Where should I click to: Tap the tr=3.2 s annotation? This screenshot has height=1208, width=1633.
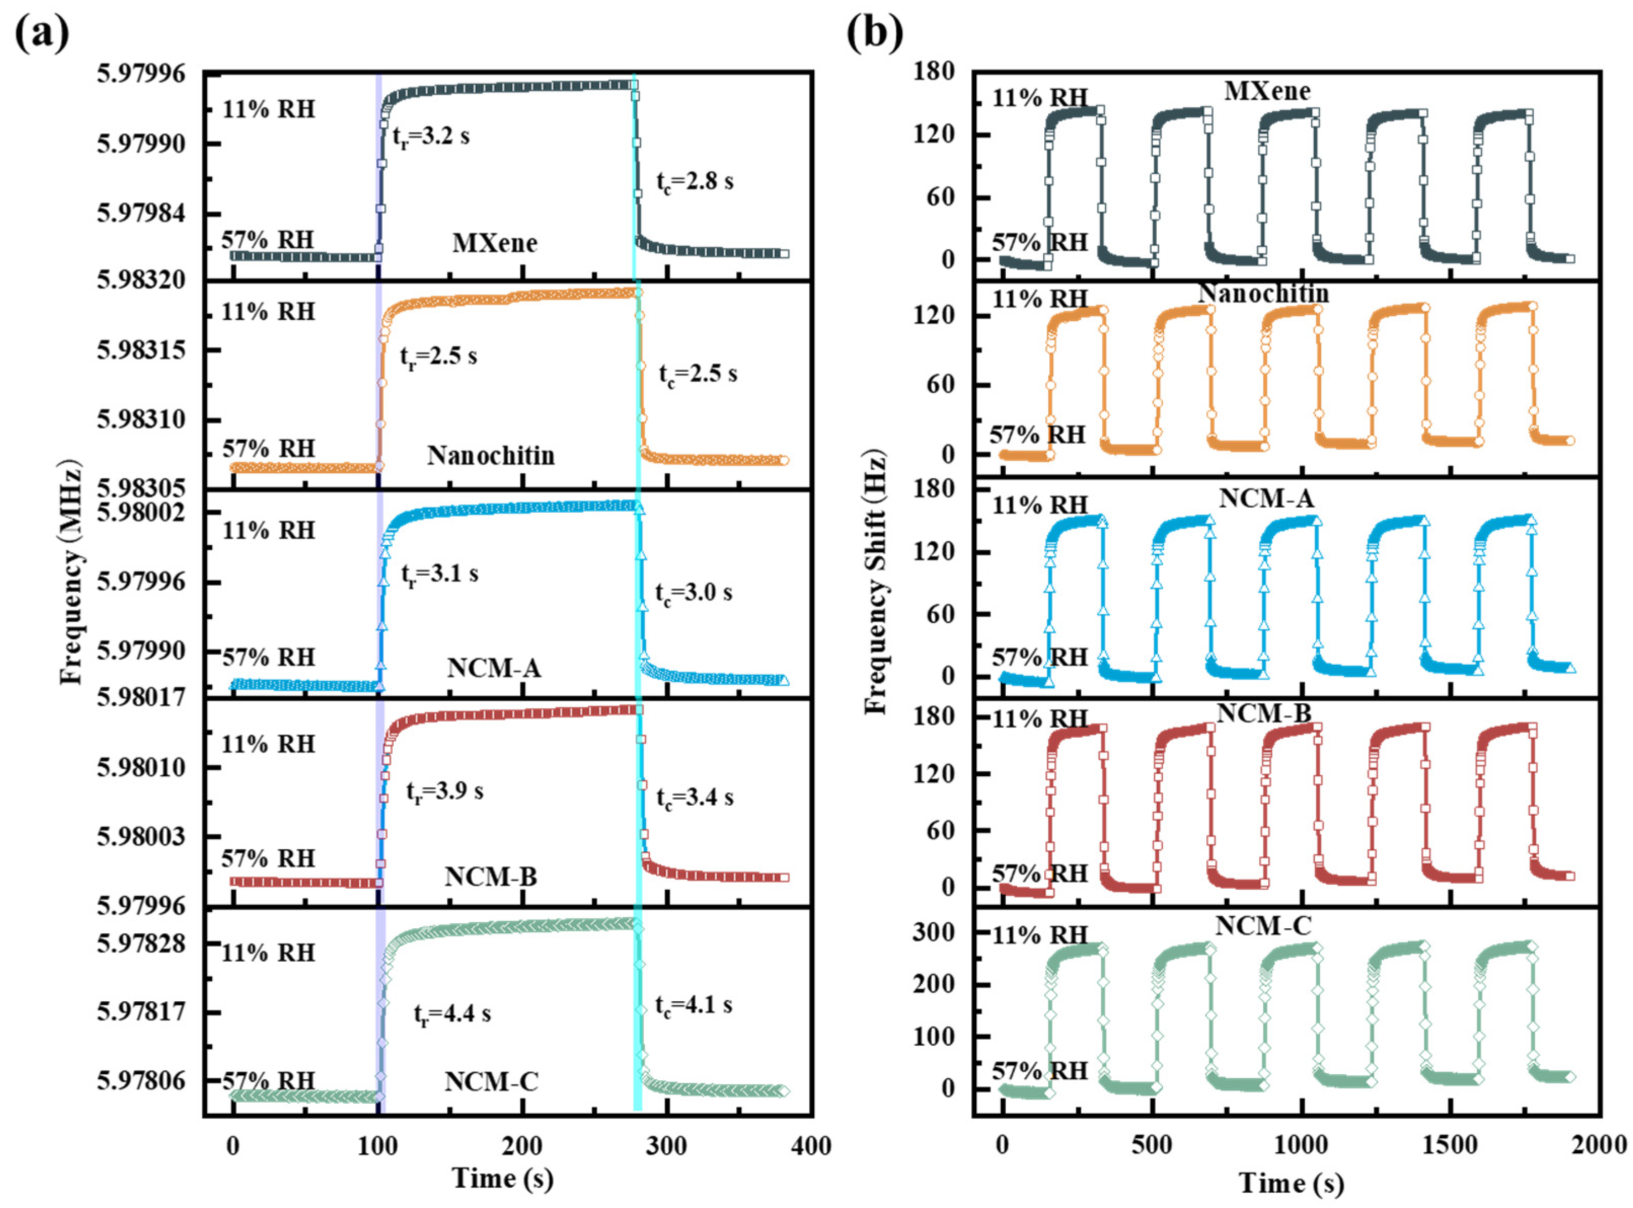point(431,137)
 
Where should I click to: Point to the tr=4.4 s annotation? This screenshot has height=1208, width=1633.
point(452,1014)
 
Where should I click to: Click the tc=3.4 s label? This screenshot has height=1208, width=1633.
point(695,798)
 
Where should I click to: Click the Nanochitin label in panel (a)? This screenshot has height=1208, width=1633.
point(490,456)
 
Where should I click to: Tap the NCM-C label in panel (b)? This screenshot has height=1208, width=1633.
point(1263,926)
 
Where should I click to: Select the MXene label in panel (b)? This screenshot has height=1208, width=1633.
point(1267,91)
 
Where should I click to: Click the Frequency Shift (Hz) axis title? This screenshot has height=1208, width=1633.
point(875,581)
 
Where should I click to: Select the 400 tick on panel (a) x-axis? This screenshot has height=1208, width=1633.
point(811,1146)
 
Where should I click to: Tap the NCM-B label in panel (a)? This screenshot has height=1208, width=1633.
point(490,877)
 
